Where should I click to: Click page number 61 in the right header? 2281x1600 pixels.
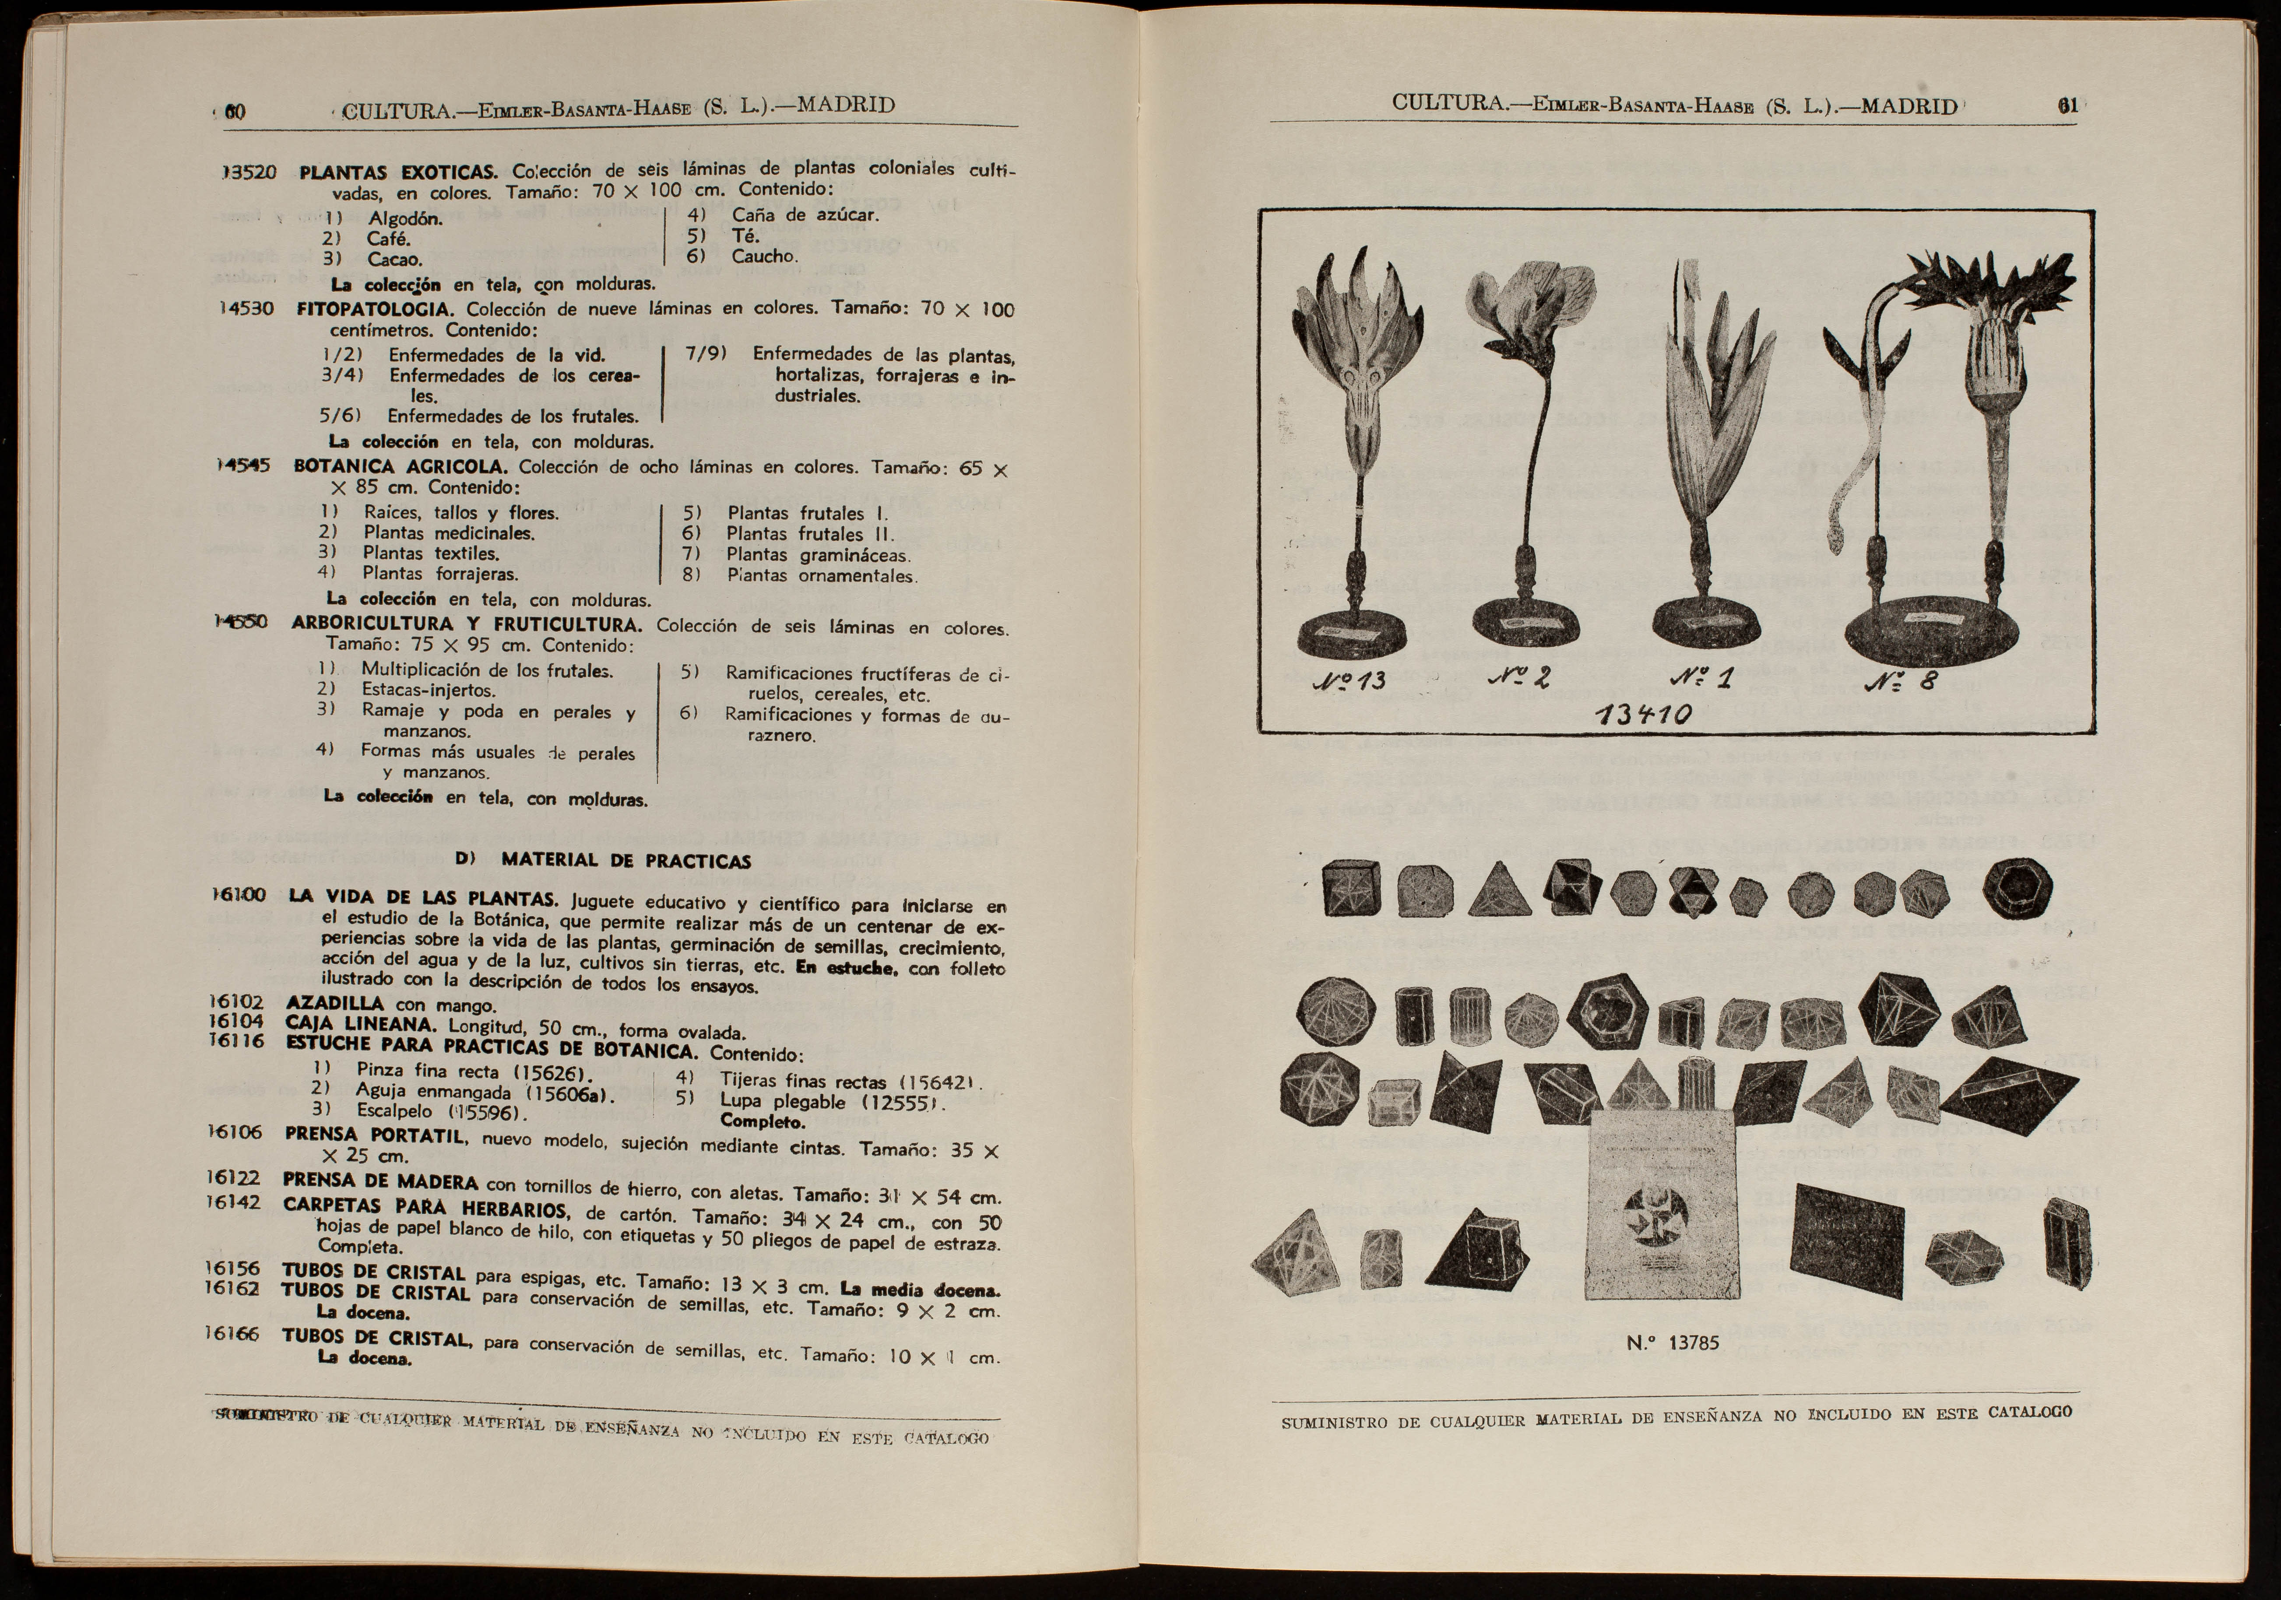click(x=2067, y=106)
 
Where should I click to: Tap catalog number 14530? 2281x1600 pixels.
click(x=246, y=309)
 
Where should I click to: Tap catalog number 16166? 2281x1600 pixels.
click(x=232, y=1334)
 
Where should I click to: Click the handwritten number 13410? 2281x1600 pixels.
click(x=1643, y=715)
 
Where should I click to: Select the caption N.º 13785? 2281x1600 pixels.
click(x=1673, y=1343)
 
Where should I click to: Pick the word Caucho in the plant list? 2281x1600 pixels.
click(x=764, y=257)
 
